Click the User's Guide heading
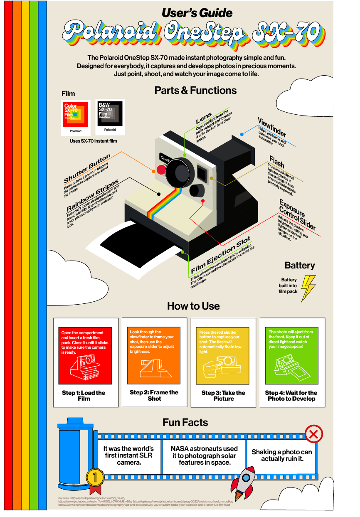[x=197, y=13]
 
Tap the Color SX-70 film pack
[x=76, y=114]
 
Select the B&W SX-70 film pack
[x=109, y=114]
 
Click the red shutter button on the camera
[x=160, y=170]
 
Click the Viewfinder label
[x=271, y=128]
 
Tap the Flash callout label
[x=277, y=161]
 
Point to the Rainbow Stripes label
[x=92, y=195]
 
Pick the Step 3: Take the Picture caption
[x=223, y=395]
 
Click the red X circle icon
[x=314, y=435]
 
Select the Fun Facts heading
[x=185, y=423]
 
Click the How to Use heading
[x=193, y=306]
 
